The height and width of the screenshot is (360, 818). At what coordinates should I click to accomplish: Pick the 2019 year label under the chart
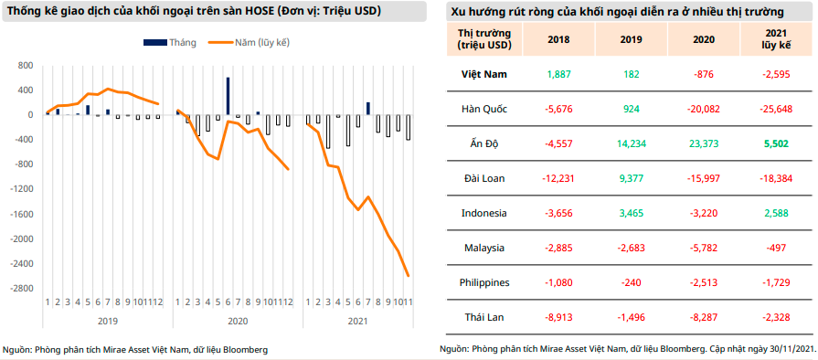click(x=107, y=321)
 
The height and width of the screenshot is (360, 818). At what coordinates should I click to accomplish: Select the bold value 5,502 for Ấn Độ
click(x=776, y=143)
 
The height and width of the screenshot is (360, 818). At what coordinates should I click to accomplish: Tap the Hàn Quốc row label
click(x=483, y=109)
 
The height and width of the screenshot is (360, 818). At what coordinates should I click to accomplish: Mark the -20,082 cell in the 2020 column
click(x=703, y=109)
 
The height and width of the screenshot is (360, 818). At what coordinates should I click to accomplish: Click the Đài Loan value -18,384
click(x=776, y=178)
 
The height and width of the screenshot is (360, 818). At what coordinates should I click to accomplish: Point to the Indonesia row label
click(x=483, y=213)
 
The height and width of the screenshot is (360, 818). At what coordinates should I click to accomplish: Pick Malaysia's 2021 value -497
click(x=776, y=248)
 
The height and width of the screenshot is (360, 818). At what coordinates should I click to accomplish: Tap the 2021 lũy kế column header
click(x=776, y=39)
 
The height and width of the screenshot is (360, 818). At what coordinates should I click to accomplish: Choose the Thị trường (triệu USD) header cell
click(x=483, y=39)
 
